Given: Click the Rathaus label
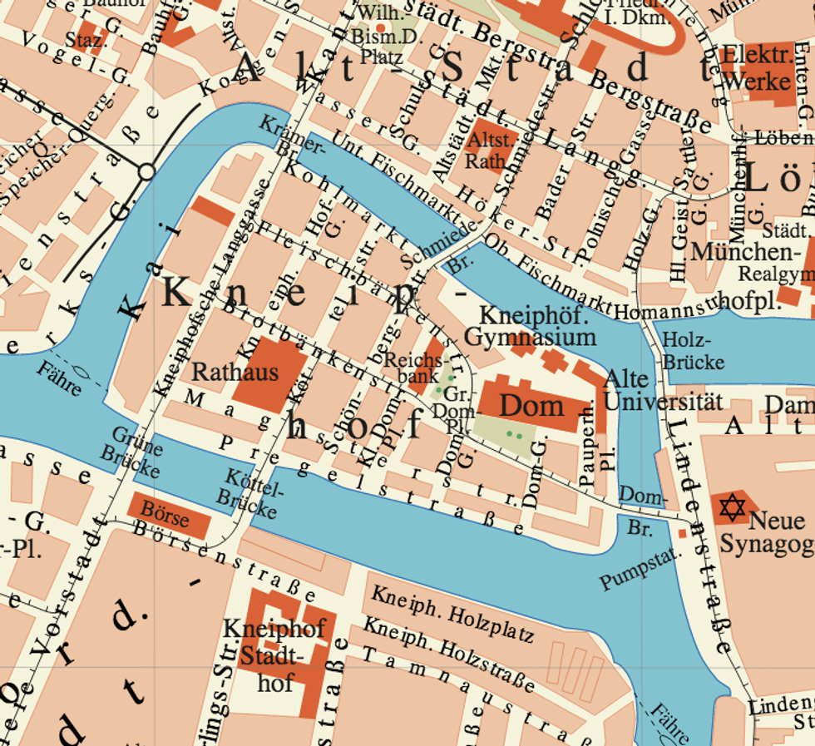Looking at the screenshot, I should click(235, 371).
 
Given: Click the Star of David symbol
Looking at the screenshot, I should click(732, 506).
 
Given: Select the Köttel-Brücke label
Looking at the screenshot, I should click(244, 492).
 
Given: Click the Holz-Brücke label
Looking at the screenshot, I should click(694, 351).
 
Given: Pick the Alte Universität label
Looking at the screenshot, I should click(663, 390).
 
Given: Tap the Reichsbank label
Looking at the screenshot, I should click(413, 368).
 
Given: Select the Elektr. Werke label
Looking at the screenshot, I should click(757, 69).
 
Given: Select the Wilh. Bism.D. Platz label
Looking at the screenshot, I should click(378, 37).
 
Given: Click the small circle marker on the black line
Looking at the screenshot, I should click(146, 172).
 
